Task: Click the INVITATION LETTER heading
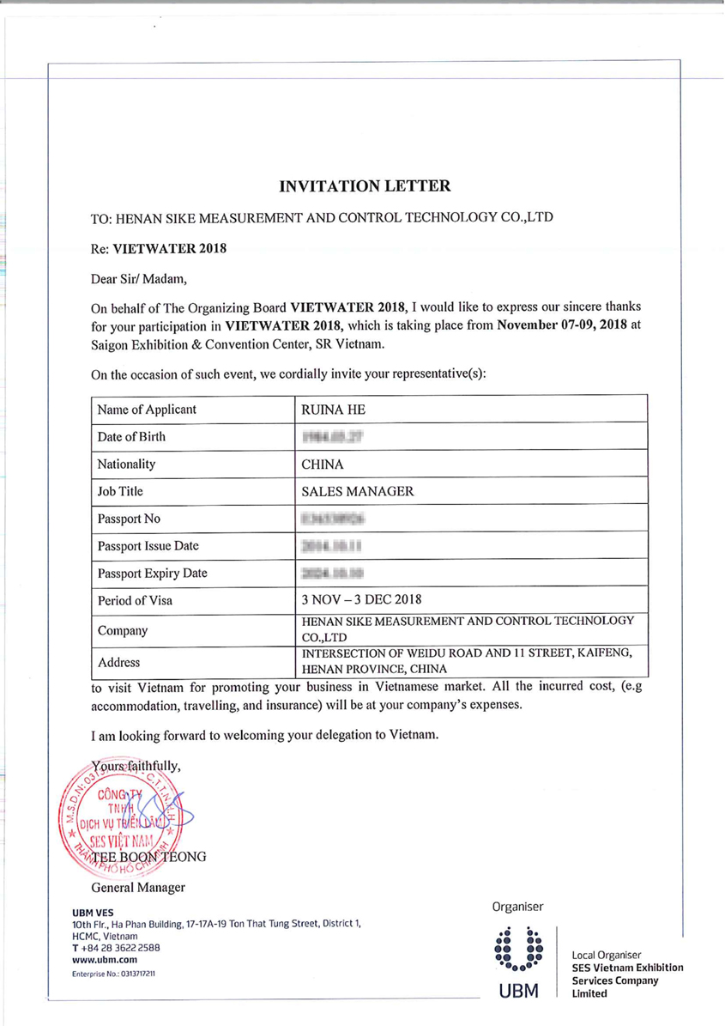pyautogui.click(x=365, y=185)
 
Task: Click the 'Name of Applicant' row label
pyautogui.click(x=147, y=410)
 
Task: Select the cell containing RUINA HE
pyautogui.click(x=323, y=410)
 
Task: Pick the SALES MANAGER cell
pyautogui.click(x=358, y=492)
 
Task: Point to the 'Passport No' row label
pyautogui.click(x=130, y=519)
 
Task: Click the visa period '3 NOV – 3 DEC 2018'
pyautogui.click(x=361, y=600)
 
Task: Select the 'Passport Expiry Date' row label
pyautogui.click(x=153, y=573)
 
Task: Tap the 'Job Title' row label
pyautogui.click(x=121, y=492)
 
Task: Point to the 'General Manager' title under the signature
pyautogui.click(x=137, y=887)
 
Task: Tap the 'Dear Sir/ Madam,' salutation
pyautogui.click(x=137, y=278)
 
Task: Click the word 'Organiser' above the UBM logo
pyautogui.click(x=517, y=907)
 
